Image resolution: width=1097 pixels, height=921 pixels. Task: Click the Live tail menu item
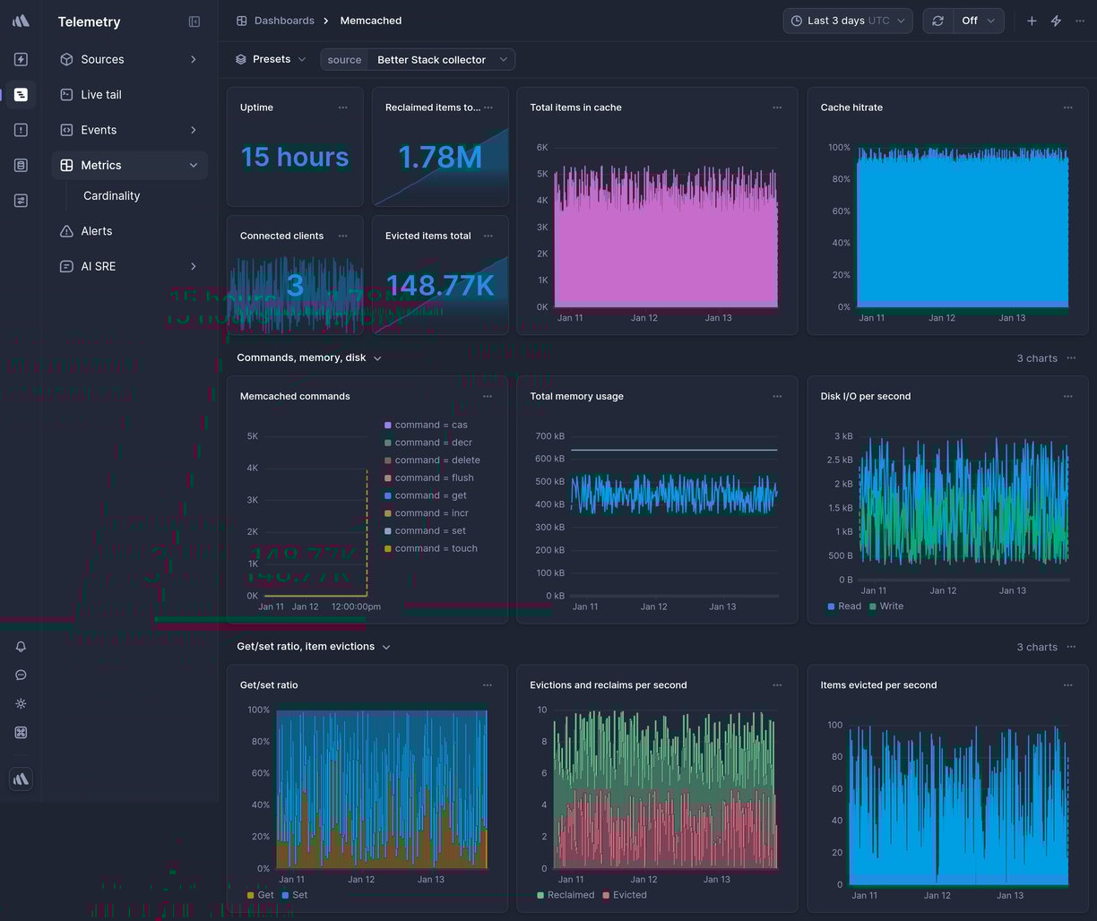[x=100, y=94]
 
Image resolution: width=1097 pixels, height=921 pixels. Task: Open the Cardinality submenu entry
[x=111, y=195]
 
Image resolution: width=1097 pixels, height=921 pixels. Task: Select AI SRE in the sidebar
[x=98, y=266]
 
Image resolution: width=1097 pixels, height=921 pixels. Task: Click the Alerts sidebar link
[x=96, y=231]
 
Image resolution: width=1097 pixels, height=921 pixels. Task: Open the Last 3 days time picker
[x=847, y=21]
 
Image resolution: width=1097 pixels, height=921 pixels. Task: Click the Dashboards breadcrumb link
[x=283, y=21]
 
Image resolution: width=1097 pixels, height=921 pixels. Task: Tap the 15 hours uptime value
[x=294, y=157]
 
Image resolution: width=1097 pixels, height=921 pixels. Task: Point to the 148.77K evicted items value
[x=439, y=285]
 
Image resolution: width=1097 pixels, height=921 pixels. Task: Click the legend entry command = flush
[x=434, y=478]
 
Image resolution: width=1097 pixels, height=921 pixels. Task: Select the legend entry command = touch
[x=436, y=548]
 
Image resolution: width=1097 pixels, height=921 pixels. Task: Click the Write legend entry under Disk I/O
[x=891, y=607]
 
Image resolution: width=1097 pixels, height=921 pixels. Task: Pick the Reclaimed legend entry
[x=570, y=895]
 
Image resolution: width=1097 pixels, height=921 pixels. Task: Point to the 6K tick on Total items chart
[x=541, y=147]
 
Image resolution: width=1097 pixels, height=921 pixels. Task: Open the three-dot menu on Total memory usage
[x=777, y=396]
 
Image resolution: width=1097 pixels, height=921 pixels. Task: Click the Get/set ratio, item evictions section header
[x=306, y=646]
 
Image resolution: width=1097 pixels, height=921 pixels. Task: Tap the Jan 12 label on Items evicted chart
[x=937, y=895]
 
